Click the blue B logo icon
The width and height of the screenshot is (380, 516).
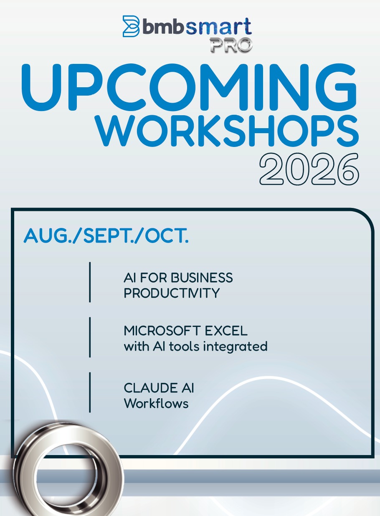pyautogui.click(x=131, y=26)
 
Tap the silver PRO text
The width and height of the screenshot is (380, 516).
pyautogui.click(x=231, y=45)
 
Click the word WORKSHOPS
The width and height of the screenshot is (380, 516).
pyautogui.click(x=227, y=131)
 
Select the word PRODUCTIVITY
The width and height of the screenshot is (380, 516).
pyautogui.click(x=172, y=293)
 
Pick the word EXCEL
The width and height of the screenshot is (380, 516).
pyautogui.click(x=226, y=331)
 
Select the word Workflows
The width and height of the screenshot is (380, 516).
pyautogui.click(x=156, y=403)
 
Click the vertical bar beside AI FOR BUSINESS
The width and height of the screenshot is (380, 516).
pyautogui.click(x=90, y=282)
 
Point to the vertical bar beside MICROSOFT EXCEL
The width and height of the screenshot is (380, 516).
pyautogui.click(x=90, y=337)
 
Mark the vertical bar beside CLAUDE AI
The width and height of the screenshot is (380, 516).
pyautogui.click(x=90, y=392)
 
